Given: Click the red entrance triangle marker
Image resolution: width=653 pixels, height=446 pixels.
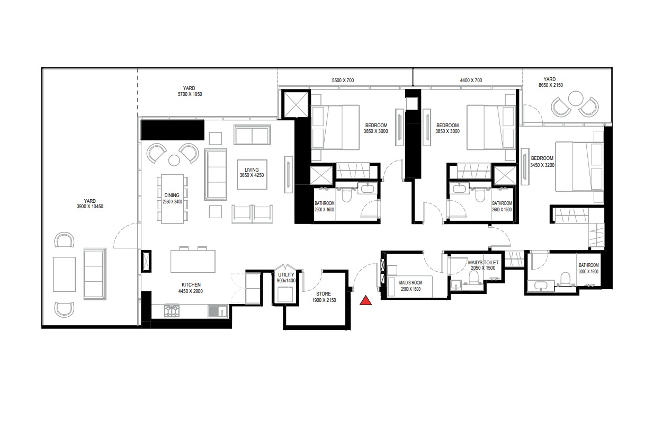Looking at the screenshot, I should [365, 301].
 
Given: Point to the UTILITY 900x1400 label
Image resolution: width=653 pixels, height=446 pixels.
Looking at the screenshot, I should [286, 278].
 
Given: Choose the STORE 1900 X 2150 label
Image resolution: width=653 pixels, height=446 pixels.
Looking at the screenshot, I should [324, 297].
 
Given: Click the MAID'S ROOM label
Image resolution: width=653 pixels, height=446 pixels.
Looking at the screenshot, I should [410, 286].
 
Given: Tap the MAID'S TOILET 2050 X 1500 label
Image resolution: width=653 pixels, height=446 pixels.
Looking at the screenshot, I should [482, 265].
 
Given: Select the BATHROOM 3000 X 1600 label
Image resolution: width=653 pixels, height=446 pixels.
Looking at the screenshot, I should [588, 268].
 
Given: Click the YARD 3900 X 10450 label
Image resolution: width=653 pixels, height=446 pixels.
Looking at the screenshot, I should [90, 203].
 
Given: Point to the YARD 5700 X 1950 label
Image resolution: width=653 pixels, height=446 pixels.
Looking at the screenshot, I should [189, 91].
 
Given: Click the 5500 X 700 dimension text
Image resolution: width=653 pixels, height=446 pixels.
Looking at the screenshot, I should [342, 80].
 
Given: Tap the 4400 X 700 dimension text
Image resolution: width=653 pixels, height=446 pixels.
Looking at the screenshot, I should [471, 80].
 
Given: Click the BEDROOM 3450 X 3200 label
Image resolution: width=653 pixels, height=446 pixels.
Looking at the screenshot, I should [542, 161].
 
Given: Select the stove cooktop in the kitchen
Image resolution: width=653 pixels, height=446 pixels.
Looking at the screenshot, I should [172, 311].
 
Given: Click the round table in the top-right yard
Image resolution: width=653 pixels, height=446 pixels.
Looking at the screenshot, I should [575, 99].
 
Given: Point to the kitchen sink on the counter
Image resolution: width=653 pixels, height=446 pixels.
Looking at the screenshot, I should [216, 311].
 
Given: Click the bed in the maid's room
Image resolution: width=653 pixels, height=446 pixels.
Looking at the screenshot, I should [410, 284].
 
